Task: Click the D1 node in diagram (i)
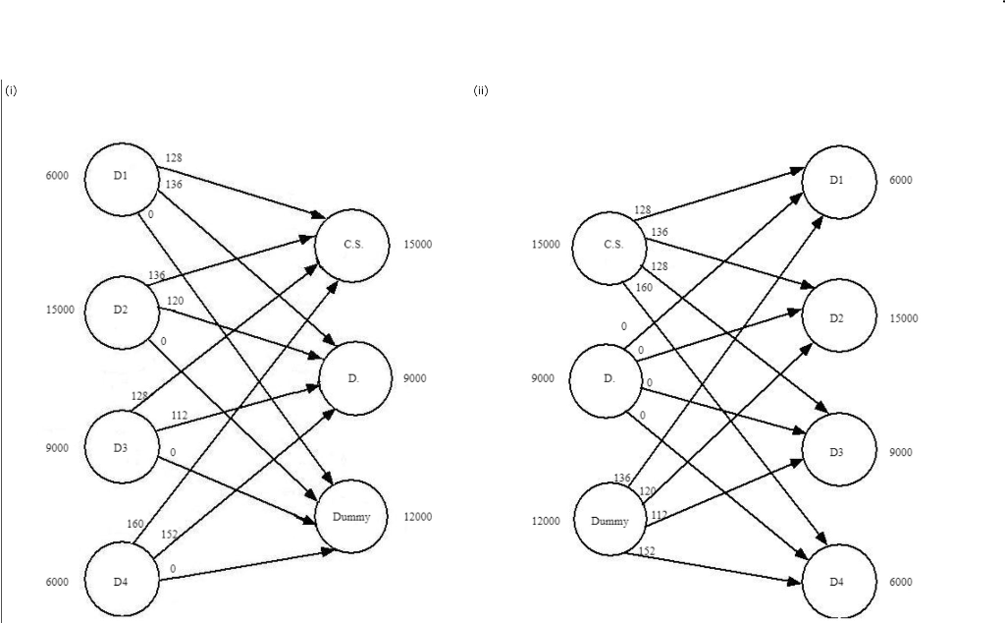(122, 177)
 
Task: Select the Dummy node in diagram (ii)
(609, 520)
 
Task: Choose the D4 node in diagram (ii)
(837, 581)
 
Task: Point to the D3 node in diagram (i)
(122, 447)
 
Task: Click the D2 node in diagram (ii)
(837, 317)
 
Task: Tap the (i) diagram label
(12, 91)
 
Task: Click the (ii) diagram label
(481, 91)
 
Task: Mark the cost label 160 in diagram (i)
(137, 522)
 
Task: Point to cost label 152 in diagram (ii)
(647, 551)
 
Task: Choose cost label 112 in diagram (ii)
(659, 514)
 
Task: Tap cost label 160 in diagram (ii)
(644, 287)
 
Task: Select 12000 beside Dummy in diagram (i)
(418, 517)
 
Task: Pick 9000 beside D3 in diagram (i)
(57, 448)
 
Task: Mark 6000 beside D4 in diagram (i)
(57, 582)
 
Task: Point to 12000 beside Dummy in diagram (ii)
(545, 521)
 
